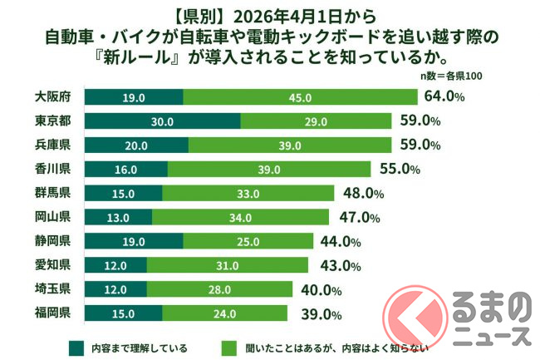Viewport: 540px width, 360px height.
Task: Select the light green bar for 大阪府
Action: click(294, 97)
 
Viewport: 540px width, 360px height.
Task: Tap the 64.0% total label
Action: click(443, 96)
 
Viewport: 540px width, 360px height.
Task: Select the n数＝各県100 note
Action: click(451, 76)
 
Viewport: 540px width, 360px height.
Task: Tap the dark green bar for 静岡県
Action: click(134, 242)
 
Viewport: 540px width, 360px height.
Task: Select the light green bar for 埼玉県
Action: click(219, 289)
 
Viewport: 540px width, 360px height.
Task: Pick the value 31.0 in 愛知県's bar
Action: click(227, 265)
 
